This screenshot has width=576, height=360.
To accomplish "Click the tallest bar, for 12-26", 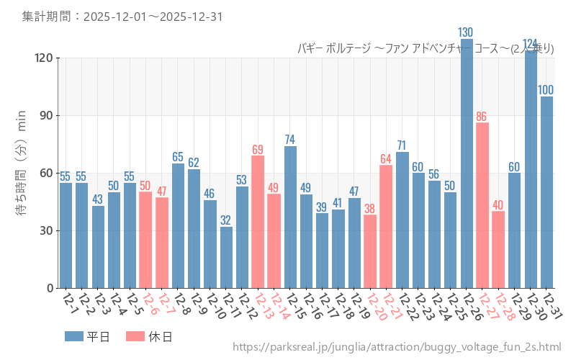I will pos(467,166).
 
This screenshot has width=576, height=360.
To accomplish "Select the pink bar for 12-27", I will pos(482,205).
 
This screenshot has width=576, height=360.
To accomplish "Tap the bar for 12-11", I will pos(226,257).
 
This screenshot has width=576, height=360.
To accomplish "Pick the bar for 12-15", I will pos(290,217).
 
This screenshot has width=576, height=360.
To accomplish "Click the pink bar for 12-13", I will pos(258,222).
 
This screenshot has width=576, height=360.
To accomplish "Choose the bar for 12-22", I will pos(402,220).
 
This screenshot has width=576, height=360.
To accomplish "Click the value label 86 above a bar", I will pos(482,116).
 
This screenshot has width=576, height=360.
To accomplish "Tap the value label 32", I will pos(226,220).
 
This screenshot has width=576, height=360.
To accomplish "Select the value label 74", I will pos(290,139).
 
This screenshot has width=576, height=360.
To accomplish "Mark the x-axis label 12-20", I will pos(375,307).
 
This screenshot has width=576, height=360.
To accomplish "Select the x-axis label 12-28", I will pos(503,307).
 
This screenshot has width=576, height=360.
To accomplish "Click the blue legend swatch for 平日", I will pos(73,336).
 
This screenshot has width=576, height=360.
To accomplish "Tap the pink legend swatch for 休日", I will pos(135,336).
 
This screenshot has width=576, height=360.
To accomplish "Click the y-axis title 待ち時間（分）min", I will pos(21,173).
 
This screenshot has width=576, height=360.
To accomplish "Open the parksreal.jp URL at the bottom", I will pos(397,348).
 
